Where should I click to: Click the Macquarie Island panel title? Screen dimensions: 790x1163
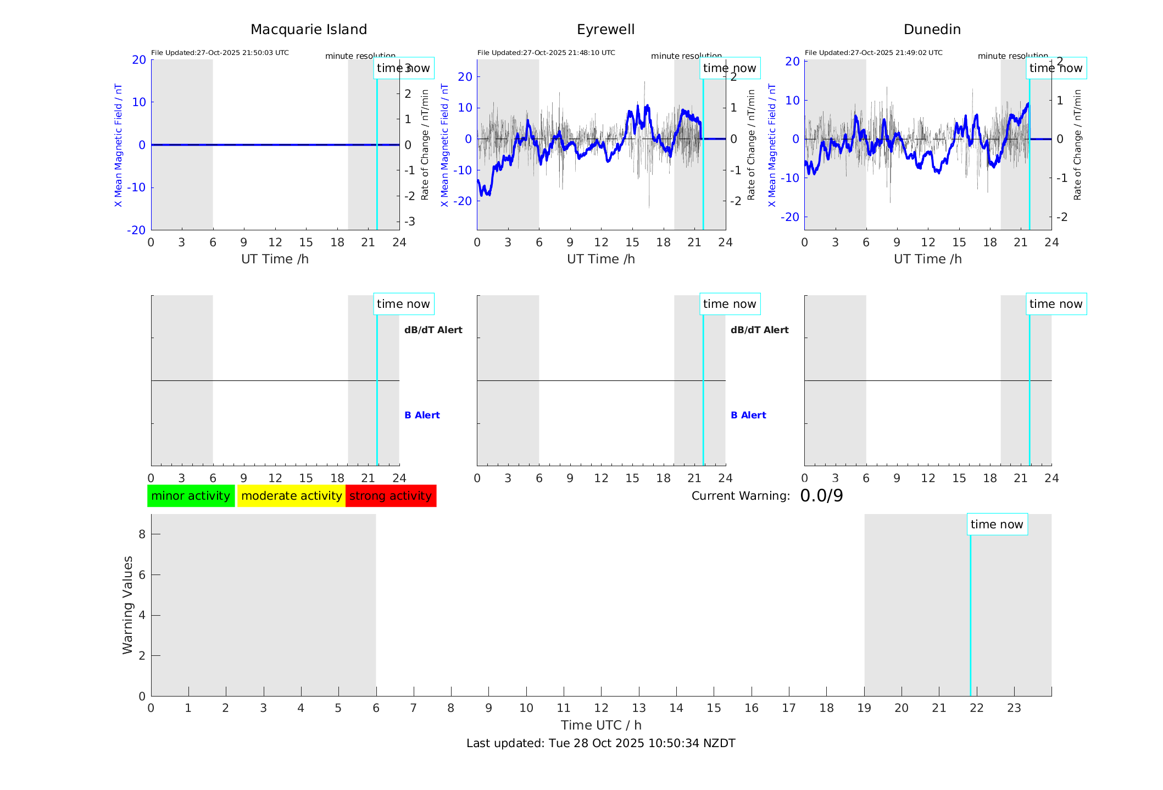point(308,30)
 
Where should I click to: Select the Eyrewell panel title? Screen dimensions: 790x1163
point(605,30)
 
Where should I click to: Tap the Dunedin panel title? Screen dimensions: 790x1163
point(932,30)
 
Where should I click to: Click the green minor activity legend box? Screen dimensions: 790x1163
point(191,496)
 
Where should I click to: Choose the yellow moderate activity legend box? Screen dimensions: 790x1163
point(291,496)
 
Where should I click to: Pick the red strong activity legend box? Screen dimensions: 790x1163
point(391,496)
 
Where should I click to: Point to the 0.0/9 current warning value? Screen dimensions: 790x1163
point(821,496)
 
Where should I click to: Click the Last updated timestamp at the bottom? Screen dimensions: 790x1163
point(600,743)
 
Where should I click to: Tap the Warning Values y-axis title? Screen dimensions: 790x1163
point(127,605)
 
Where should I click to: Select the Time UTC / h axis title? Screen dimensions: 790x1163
point(600,725)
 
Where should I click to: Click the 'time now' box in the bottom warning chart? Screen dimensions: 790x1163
point(997,524)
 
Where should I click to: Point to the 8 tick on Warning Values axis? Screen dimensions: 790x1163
point(142,534)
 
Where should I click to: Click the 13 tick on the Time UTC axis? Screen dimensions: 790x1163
point(639,708)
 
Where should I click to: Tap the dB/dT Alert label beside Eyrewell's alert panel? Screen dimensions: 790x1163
point(759,330)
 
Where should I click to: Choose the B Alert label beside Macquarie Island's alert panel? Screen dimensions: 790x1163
point(422,415)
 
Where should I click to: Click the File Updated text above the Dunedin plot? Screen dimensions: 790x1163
point(873,53)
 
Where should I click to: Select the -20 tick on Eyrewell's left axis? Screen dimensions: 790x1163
point(465,201)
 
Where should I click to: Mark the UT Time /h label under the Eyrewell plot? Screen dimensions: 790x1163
point(600,259)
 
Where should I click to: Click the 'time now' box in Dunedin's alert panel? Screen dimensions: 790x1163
point(1056,304)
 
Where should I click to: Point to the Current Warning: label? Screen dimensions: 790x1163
point(740,496)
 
